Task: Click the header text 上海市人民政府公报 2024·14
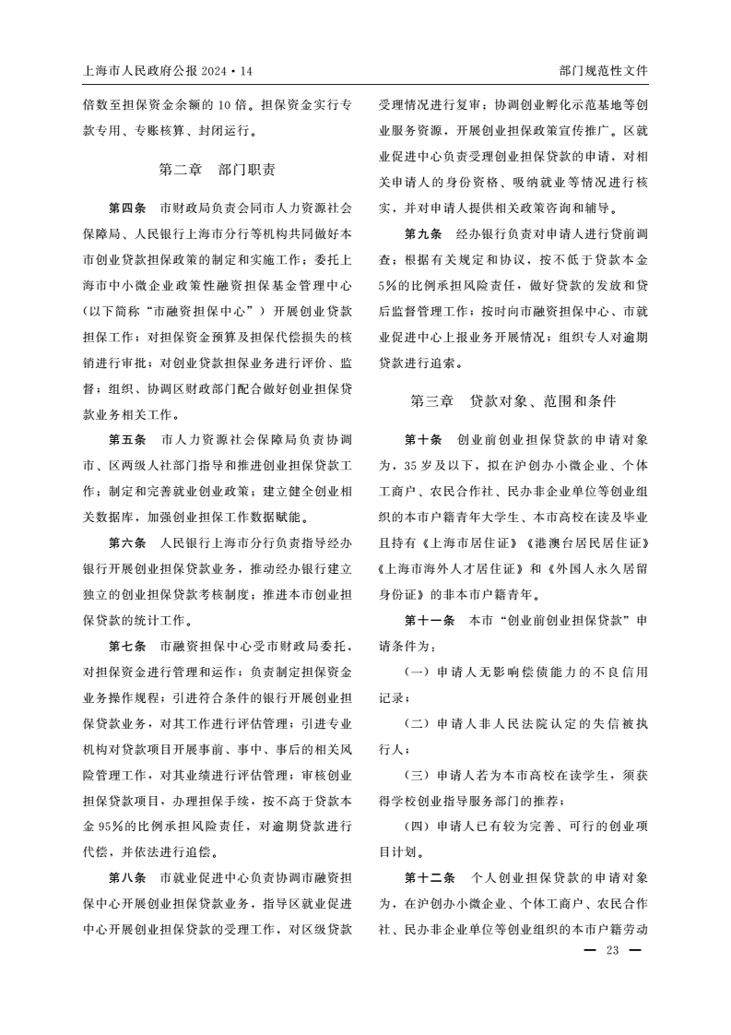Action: tap(167, 70)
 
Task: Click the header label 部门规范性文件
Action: tap(604, 70)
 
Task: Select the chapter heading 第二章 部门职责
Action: tap(217, 169)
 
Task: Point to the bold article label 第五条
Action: tap(127, 438)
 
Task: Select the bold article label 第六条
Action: tap(127, 542)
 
